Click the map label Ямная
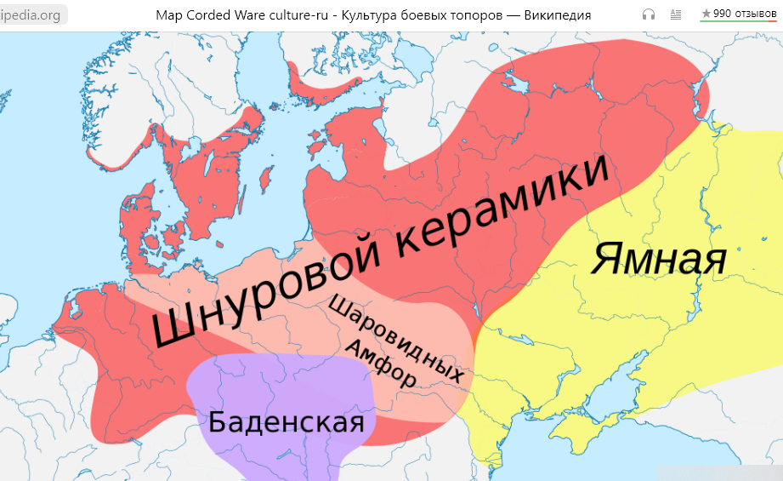tap(660, 259)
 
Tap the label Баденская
tap(286, 421)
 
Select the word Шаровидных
tap(396, 338)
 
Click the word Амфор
tap(382, 365)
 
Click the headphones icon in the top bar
tap(649, 14)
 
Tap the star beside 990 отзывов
tap(706, 14)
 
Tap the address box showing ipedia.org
tap(32, 15)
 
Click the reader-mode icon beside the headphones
tap(676, 14)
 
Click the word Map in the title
tap(168, 15)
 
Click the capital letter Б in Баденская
tap(218, 421)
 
